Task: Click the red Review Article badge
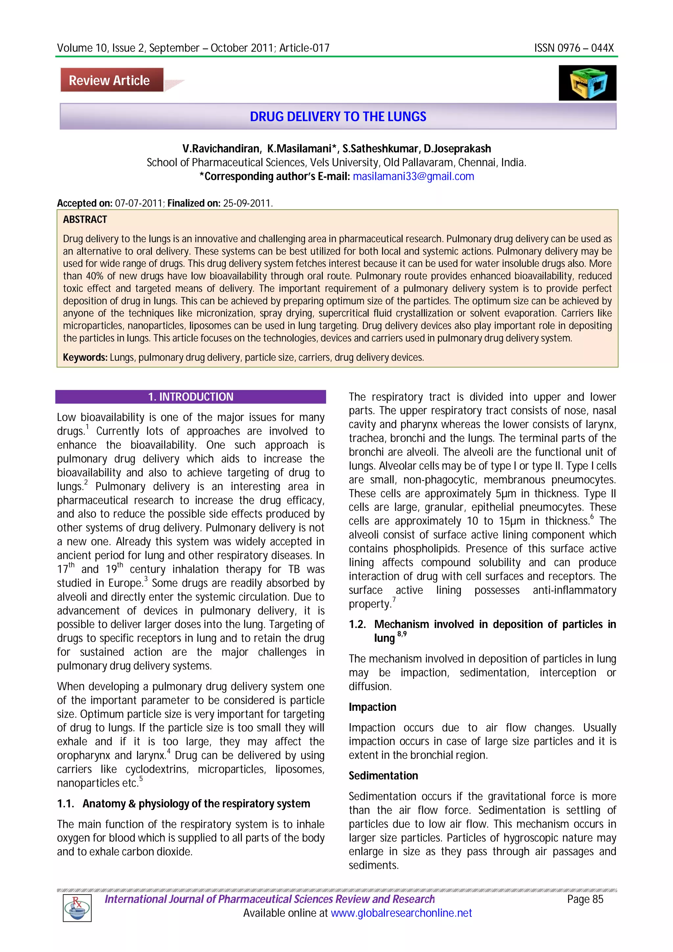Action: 111,80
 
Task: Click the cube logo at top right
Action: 587,82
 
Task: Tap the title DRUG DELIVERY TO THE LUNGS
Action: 337,117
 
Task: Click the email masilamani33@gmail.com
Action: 413,177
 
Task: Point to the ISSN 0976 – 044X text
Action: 573,48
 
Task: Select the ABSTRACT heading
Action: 85,220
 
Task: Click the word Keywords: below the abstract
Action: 85,357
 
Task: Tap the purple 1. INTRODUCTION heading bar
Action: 191,397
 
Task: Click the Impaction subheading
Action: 372,707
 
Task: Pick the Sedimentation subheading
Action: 383,776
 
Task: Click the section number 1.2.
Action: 357,624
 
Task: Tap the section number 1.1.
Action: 65,804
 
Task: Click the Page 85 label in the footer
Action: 585,899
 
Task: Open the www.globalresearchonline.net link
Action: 401,913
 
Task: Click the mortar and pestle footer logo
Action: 77,907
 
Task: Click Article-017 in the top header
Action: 304,48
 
